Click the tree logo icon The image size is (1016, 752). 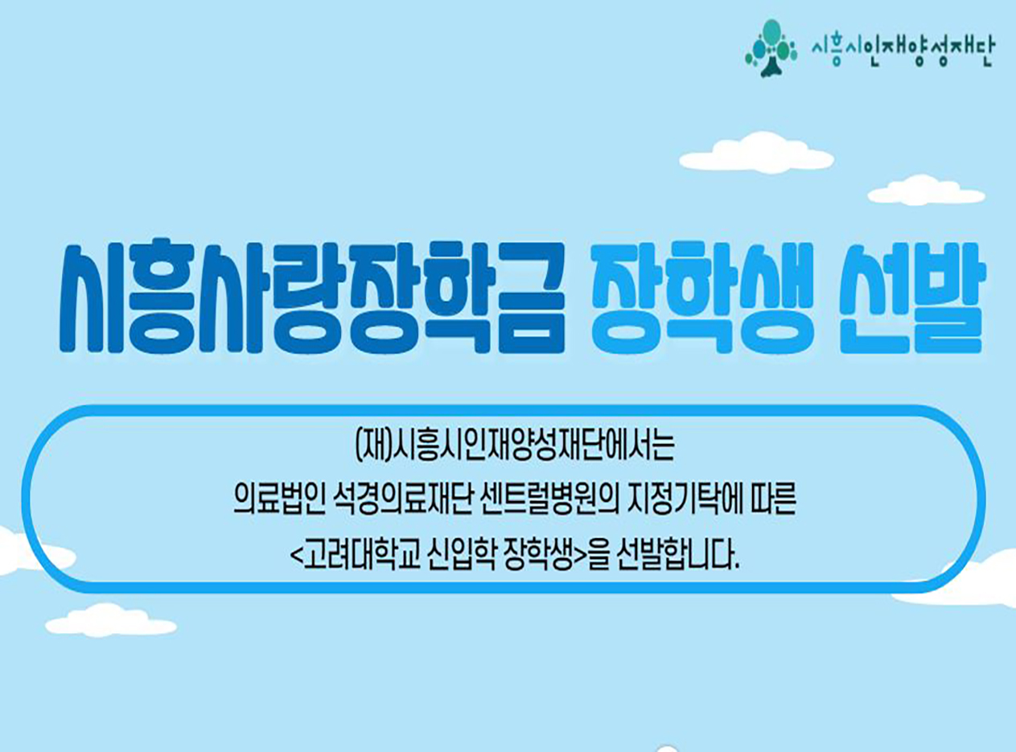pyautogui.click(x=771, y=48)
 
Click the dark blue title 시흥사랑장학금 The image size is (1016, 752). pyautogui.click(x=312, y=298)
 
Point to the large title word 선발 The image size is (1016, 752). pyautogui.click(x=911, y=298)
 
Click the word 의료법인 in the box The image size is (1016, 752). pyautogui.click(x=279, y=499)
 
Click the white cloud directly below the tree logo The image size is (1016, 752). pyautogui.click(x=756, y=153)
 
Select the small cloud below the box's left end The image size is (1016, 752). pyautogui.click(x=111, y=621)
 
